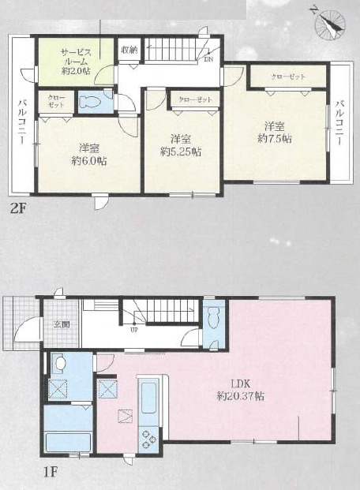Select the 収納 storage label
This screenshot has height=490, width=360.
129,50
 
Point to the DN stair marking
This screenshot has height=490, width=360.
208,59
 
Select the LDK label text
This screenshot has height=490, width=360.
240,384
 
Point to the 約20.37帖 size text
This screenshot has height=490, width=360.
240,396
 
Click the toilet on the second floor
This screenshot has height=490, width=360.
89,101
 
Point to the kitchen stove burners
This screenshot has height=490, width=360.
148,440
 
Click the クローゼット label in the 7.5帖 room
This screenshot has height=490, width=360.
288,77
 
